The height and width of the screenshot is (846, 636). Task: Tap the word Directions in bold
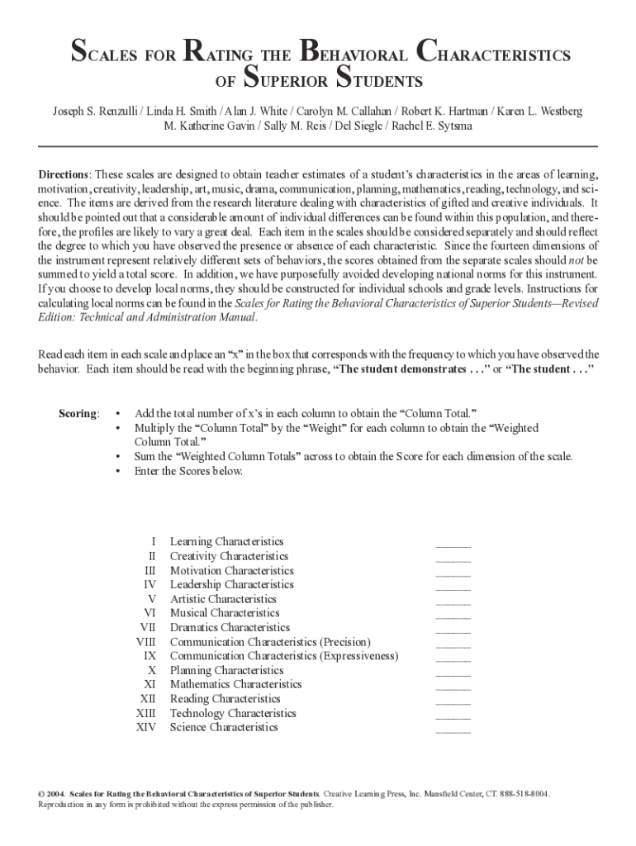point(64,175)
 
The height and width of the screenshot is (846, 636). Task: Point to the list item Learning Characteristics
point(226,542)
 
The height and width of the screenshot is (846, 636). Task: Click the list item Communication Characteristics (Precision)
point(270,642)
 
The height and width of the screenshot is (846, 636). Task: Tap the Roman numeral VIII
point(146,642)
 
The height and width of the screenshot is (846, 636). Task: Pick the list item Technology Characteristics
point(233,713)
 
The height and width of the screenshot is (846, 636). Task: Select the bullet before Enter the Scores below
point(120,471)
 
